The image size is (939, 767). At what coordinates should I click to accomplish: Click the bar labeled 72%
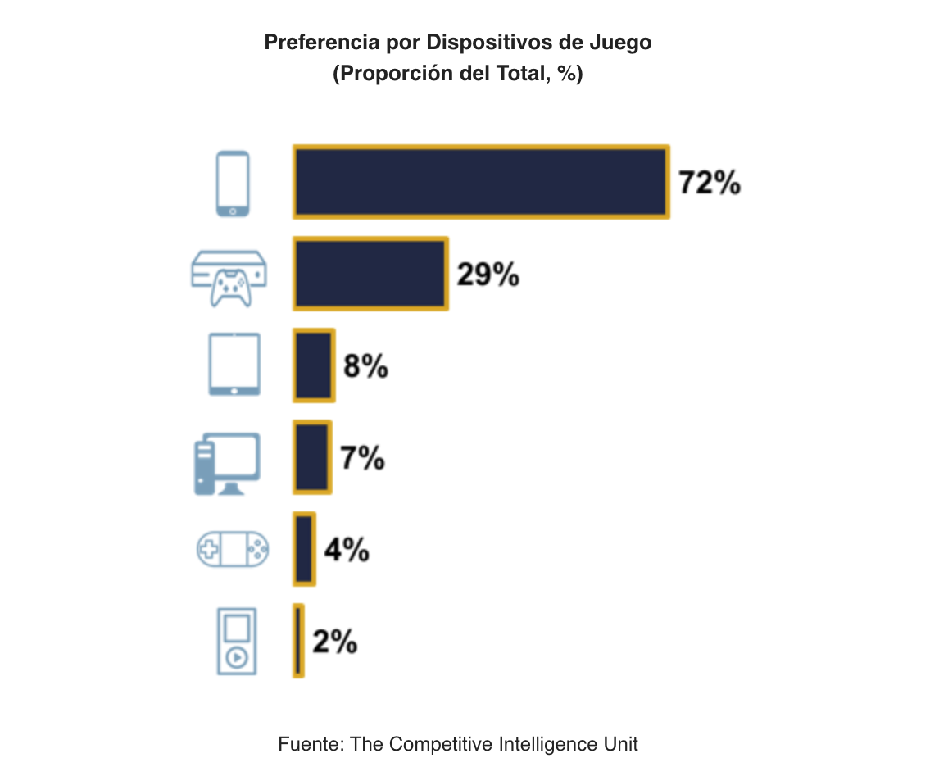pyautogui.click(x=481, y=182)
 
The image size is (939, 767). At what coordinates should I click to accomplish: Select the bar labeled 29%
pyautogui.click(x=370, y=274)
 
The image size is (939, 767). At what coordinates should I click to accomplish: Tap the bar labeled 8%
pyautogui.click(x=314, y=365)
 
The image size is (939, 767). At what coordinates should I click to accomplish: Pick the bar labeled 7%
pyautogui.click(x=312, y=457)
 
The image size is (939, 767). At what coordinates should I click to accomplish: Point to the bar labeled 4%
pyautogui.click(x=304, y=549)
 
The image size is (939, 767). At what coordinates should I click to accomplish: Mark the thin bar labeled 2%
pyautogui.click(x=298, y=642)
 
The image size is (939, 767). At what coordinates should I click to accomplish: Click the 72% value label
pyautogui.click(x=710, y=183)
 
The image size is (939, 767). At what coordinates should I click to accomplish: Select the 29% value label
pyautogui.click(x=488, y=275)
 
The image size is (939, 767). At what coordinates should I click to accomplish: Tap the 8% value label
pyautogui.click(x=365, y=366)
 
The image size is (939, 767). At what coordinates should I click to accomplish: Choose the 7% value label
pyautogui.click(x=362, y=458)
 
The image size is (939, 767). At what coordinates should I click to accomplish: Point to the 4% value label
pyautogui.click(x=346, y=550)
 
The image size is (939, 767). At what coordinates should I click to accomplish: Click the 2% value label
pyautogui.click(x=334, y=642)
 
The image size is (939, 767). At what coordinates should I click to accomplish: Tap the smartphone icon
pyautogui.click(x=233, y=184)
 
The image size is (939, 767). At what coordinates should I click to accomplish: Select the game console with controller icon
pyautogui.click(x=229, y=277)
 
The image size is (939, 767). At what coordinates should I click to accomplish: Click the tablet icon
pyautogui.click(x=234, y=365)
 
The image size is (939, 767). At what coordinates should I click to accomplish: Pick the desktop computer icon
pyautogui.click(x=227, y=464)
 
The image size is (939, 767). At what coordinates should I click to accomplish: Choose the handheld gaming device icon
pyautogui.click(x=233, y=549)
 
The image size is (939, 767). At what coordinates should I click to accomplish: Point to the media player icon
pyautogui.click(x=236, y=642)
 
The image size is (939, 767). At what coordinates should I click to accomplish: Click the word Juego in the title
pyautogui.click(x=620, y=43)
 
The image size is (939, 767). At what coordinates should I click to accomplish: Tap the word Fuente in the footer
pyautogui.click(x=311, y=744)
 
